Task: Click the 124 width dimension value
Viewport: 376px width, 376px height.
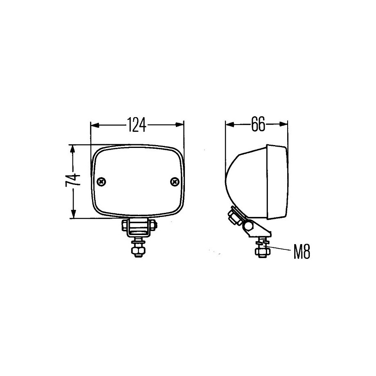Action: coord(136,125)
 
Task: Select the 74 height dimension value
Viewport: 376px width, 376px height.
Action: coord(73,180)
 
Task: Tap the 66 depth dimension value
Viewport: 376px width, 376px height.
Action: coord(258,124)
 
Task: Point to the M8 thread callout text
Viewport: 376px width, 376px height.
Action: coord(302,252)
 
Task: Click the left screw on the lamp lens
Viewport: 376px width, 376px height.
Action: coord(101,181)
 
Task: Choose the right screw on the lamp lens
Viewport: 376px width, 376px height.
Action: coord(175,182)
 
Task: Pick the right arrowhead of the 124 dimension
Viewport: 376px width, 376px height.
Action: coord(180,125)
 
